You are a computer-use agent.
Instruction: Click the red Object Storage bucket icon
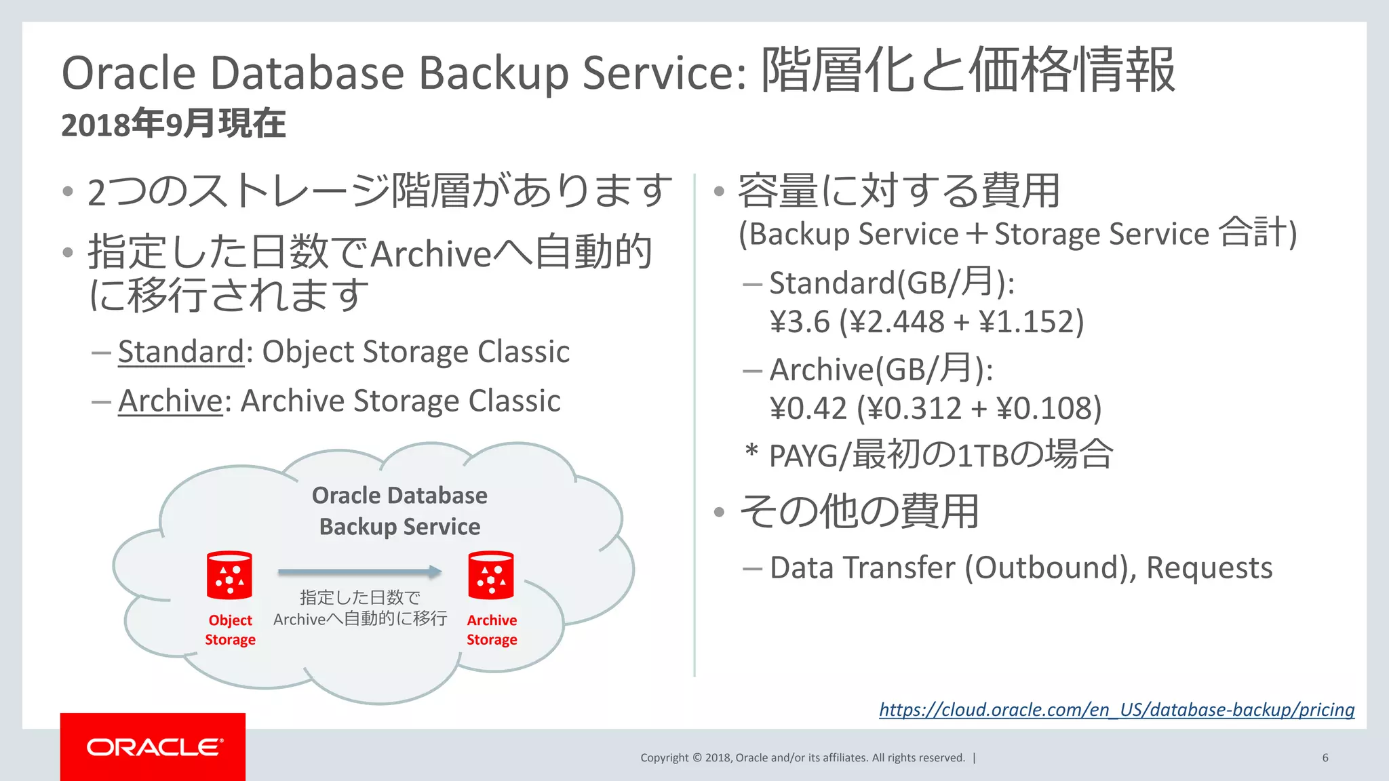(229, 575)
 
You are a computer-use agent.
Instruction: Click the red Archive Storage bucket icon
(490, 575)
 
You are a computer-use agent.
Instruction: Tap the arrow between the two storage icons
(359, 572)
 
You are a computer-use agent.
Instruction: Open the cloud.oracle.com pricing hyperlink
(1116, 710)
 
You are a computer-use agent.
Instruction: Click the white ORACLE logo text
(154, 747)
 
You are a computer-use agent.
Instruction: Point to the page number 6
(1325, 758)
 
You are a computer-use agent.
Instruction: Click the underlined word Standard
(180, 352)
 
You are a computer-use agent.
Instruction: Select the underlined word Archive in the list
(170, 401)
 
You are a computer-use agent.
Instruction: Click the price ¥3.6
(800, 321)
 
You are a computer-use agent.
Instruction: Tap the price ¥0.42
(808, 408)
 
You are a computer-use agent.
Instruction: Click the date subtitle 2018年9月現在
(174, 125)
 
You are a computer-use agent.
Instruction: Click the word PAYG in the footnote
(804, 456)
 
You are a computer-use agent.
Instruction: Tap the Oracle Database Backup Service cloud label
(399, 510)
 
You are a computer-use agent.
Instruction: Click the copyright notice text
(802, 758)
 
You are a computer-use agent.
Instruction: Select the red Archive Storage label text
(492, 630)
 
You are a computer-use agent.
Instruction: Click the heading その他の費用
(859, 511)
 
